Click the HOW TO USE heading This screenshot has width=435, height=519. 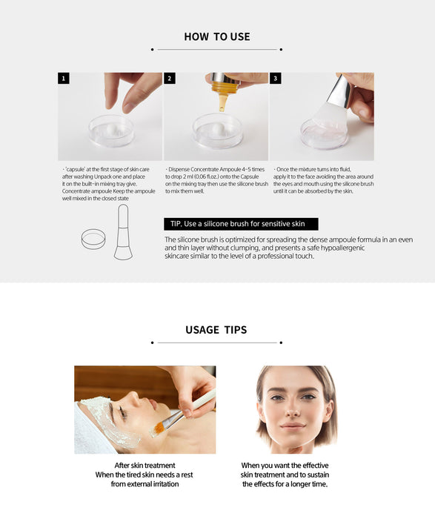(217, 36)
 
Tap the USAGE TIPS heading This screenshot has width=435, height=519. (216, 330)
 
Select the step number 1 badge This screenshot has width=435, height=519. (64, 79)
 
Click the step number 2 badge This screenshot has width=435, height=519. (170, 79)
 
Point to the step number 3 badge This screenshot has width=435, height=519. (275, 79)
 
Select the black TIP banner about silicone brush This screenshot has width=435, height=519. (241, 224)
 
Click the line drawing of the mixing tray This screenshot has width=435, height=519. (93, 239)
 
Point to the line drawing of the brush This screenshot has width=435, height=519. (123, 232)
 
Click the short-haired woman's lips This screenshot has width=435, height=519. (293, 425)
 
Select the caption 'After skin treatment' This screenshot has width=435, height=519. (145, 465)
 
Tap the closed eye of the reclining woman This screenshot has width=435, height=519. (122, 412)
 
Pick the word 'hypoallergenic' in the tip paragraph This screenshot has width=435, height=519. (342, 248)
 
